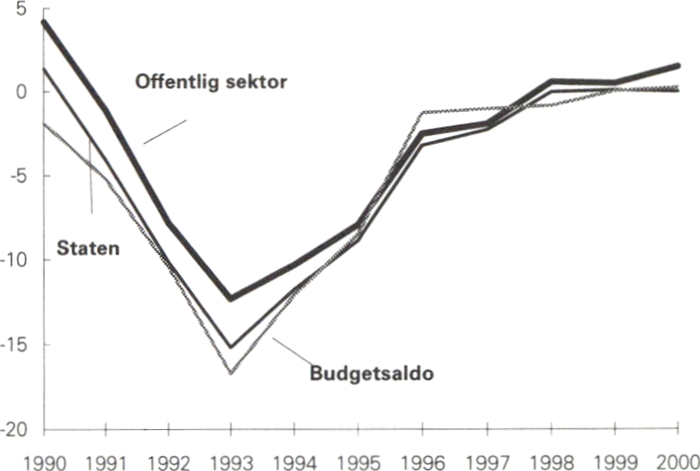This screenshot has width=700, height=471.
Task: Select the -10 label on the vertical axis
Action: [15, 261]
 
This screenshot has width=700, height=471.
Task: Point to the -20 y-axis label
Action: [15, 430]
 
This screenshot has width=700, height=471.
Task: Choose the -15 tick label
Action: [15, 345]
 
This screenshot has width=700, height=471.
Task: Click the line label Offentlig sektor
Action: [208, 84]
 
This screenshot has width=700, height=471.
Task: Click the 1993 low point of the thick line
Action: [231, 299]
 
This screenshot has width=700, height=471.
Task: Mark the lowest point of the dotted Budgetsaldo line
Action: [231, 373]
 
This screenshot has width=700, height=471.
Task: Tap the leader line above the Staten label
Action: [91, 175]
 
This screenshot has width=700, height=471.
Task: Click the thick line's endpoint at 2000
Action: [678, 65]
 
